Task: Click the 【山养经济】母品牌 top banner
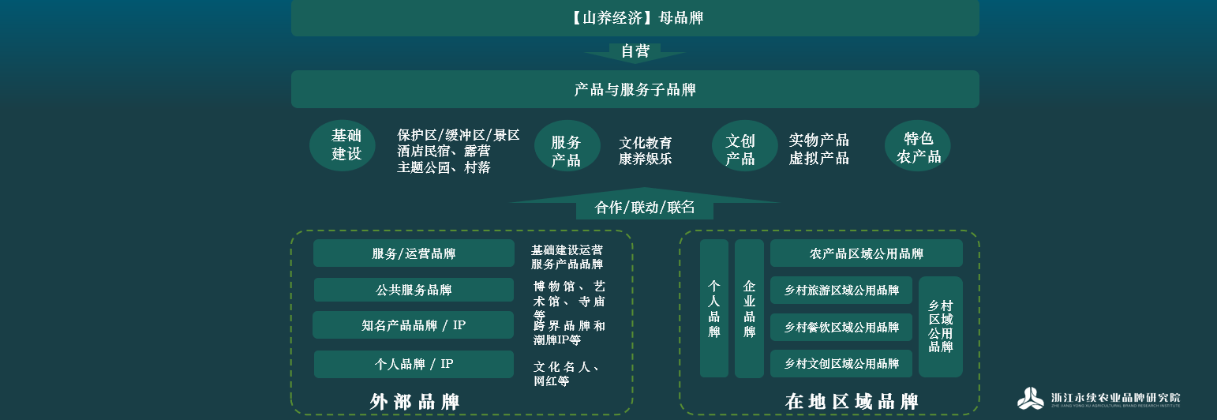[635, 17]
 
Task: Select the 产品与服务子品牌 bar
[635, 89]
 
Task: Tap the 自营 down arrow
[635, 52]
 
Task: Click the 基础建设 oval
[343, 145]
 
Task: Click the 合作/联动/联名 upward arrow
[644, 206]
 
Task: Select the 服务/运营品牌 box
[414, 253]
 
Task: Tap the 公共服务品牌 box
[414, 290]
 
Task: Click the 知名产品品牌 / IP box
[413, 325]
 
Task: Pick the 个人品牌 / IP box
[414, 364]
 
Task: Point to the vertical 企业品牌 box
[749, 309]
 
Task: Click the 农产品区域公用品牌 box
[866, 253]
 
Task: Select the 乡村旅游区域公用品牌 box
[841, 291]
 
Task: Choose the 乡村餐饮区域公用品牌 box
[841, 327]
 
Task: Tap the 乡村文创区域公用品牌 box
[841, 364]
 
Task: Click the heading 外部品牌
[414, 402]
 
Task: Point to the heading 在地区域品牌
[852, 402]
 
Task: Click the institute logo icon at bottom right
[1030, 399]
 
